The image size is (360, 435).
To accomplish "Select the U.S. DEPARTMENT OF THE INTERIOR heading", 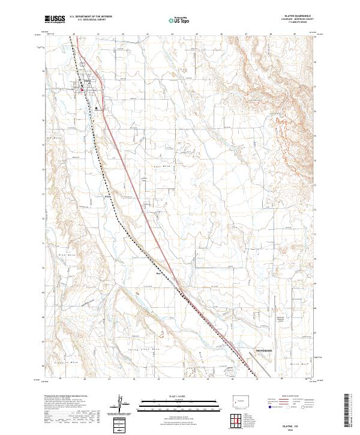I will click(91, 17).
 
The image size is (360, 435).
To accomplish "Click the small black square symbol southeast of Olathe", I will click(96, 109).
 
